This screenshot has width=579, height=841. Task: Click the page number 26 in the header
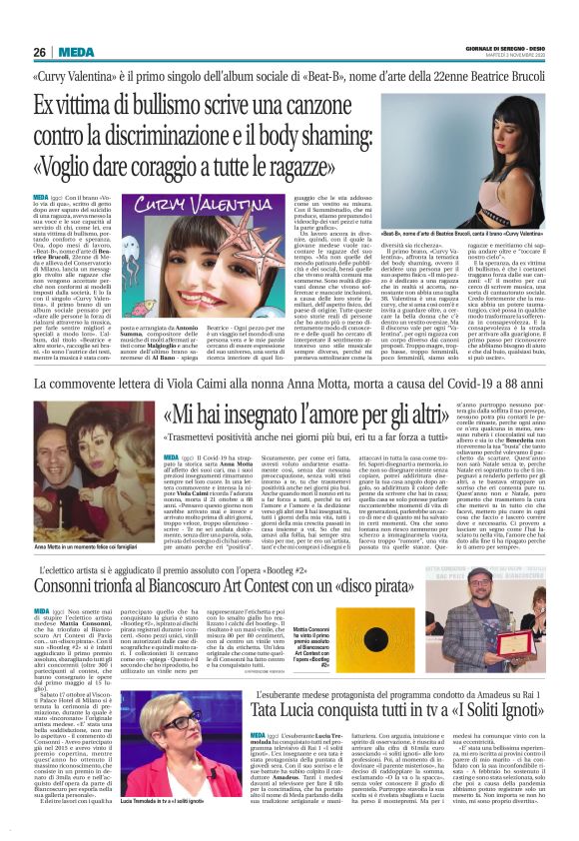(x=41, y=52)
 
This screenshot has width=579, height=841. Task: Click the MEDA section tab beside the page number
(x=77, y=52)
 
